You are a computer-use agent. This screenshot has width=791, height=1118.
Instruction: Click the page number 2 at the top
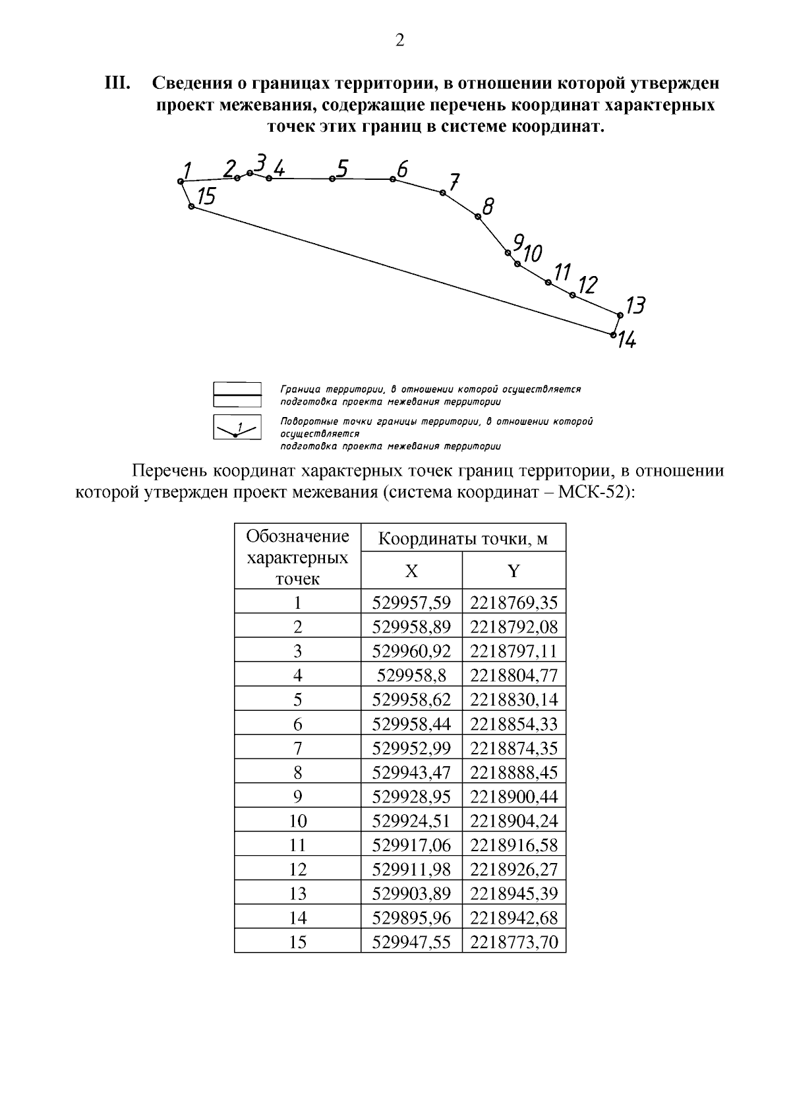[399, 41]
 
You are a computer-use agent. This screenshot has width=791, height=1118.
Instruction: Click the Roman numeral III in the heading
[119, 84]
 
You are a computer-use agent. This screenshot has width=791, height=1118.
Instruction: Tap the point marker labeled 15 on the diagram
[191, 206]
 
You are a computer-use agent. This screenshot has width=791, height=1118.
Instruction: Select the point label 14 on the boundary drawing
[627, 341]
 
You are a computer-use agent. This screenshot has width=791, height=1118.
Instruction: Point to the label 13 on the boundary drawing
[635, 305]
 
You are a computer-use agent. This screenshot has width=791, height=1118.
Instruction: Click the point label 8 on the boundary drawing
[488, 207]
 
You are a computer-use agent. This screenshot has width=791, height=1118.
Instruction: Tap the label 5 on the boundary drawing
[341, 169]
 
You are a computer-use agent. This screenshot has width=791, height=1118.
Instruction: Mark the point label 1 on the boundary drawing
[187, 171]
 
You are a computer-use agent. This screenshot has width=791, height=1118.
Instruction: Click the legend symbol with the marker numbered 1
[237, 428]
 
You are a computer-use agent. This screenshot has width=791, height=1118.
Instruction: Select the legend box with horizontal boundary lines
[237, 394]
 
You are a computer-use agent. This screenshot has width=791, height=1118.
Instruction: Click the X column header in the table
[411, 571]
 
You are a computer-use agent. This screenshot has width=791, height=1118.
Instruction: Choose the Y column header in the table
[513, 571]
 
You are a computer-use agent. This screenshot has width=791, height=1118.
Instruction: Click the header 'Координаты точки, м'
[463, 540]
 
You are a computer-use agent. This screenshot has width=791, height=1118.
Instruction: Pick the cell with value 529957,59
[411, 603]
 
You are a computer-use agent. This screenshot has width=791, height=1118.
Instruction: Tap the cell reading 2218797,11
[513, 652]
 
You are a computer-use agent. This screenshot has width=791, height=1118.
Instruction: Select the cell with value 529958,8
[411, 676]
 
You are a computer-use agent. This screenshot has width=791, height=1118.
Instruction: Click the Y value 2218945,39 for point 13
[513, 894]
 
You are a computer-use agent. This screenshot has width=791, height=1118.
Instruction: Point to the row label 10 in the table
[298, 822]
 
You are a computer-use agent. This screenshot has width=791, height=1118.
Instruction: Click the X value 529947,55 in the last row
[411, 943]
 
